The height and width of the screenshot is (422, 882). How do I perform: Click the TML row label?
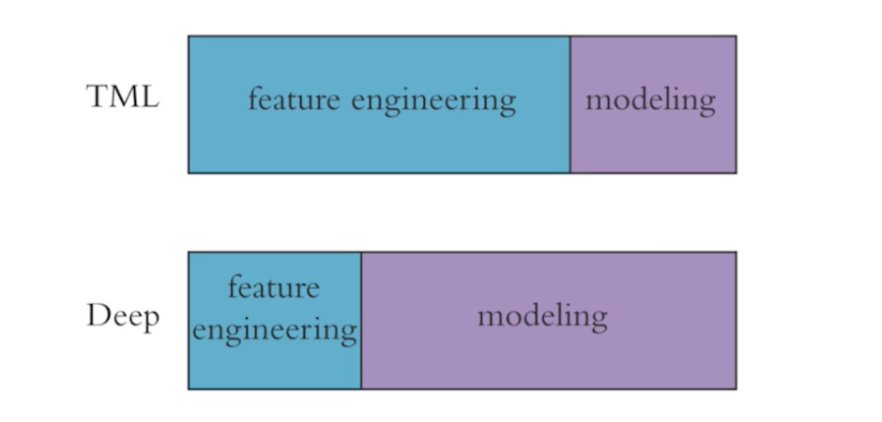pyautogui.click(x=123, y=97)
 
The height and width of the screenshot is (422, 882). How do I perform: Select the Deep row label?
pyautogui.click(x=123, y=317)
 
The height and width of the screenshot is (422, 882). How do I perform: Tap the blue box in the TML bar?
pyautogui.click(x=379, y=141)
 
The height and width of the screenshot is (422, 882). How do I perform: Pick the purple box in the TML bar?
pyautogui.click(x=653, y=141)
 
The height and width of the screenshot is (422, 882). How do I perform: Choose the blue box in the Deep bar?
pyautogui.click(x=275, y=366)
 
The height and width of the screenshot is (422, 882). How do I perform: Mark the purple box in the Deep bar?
pyautogui.click(x=549, y=361)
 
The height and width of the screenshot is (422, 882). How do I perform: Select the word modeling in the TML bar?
pyautogui.click(x=650, y=99)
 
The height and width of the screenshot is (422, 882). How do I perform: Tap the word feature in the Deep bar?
pyautogui.click(x=273, y=286)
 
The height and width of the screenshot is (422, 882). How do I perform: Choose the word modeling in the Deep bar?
pyautogui.click(x=542, y=316)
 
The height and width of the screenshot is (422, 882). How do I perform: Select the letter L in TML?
pyautogui.click(x=149, y=97)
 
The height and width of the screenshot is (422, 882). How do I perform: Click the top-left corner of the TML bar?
pyautogui.click(x=189, y=37)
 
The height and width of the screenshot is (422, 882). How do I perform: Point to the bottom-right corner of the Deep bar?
pyautogui.click(x=736, y=388)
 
